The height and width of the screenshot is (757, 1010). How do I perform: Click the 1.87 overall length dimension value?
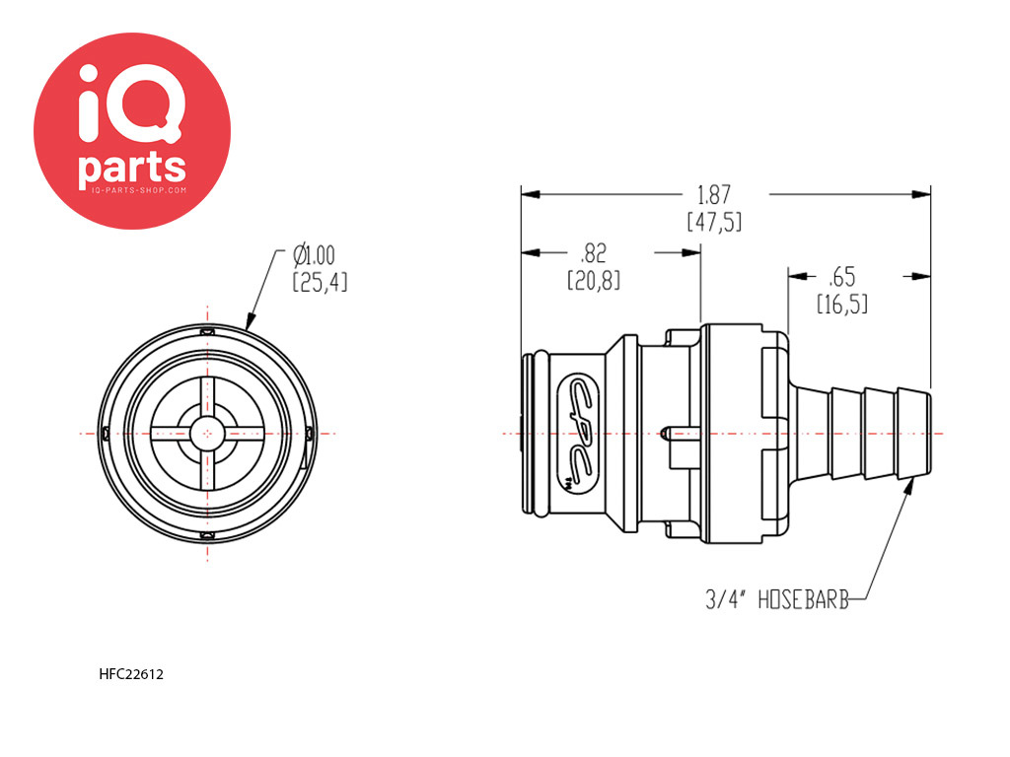714,194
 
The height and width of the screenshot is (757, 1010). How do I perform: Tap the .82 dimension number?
593,253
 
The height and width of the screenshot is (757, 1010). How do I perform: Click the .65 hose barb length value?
842,277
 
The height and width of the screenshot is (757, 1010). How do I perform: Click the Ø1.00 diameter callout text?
315,255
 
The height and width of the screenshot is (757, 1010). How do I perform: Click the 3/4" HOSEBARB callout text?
777,599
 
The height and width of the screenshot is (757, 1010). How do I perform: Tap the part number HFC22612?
131,674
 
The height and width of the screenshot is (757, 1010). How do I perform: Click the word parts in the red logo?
132,169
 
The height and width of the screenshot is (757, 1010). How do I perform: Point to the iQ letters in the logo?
131,103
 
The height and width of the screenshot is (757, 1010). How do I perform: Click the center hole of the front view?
207,434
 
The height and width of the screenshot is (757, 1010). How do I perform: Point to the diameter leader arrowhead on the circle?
250,322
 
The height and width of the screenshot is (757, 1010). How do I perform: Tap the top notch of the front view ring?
207,332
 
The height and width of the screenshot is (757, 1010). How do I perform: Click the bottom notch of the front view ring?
207,535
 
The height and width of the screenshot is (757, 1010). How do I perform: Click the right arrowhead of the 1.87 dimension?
921,194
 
